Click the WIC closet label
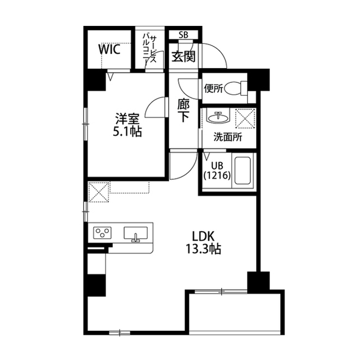(109, 49)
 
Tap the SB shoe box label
(183, 35)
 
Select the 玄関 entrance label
(184, 56)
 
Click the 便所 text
(213, 89)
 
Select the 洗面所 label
(228, 137)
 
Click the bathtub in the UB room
(242, 170)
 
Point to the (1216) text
(217, 175)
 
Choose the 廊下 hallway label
(183, 111)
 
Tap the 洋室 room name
(127, 119)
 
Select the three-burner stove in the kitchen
(103, 233)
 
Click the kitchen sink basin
(136, 233)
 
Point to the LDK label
(204, 236)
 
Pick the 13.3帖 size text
(203, 249)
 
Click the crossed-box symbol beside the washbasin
(245, 118)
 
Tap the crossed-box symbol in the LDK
(99, 192)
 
